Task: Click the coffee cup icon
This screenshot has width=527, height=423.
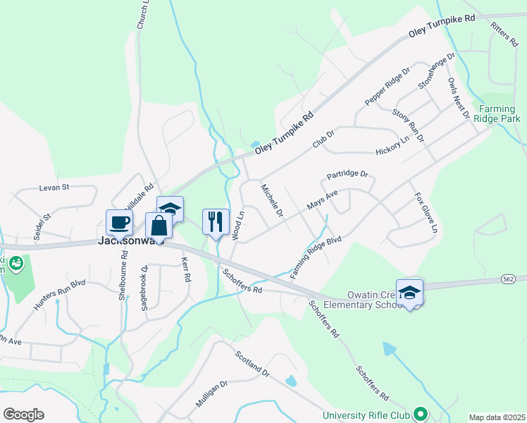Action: tap(118, 222)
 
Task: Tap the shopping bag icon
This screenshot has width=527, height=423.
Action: tap(159, 226)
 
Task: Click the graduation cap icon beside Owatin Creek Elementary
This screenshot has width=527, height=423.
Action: tap(409, 292)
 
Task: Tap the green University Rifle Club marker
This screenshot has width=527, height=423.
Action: tap(421, 414)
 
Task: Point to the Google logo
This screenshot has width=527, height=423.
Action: tap(23, 415)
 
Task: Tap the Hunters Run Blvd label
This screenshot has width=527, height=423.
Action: tap(59, 295)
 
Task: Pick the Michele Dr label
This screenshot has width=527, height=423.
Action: tap(272, 200)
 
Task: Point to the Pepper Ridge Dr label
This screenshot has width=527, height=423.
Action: tap(387, 88)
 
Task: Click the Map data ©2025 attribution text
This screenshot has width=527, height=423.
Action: tap(497, 417)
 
